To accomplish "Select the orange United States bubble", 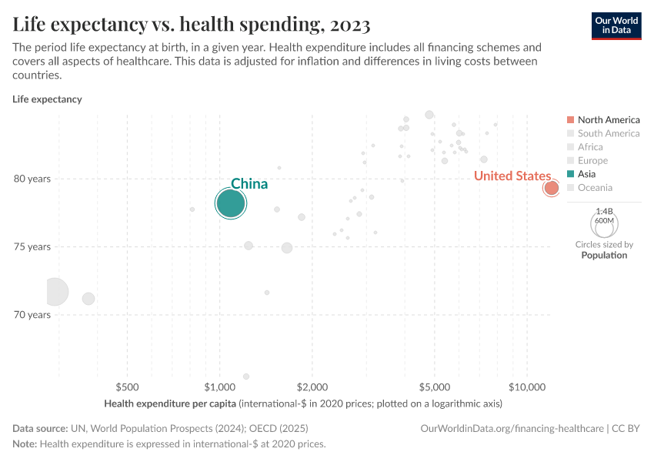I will (551, 188).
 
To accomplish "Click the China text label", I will (249, 184).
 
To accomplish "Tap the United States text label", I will (512, 176).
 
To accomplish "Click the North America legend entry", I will (608, 119).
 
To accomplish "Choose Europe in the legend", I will (592, 160).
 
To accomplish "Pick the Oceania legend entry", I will (595, 187).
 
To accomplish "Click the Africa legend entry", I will (590, 147).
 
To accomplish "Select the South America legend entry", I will (608, 133).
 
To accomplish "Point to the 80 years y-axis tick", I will (32, 179).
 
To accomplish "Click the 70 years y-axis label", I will (32, 315).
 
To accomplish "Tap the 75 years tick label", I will (32, 247).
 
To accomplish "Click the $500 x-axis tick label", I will (128, 386).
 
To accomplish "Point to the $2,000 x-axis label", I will (312, 386).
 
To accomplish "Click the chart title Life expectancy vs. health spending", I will (192, 25).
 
